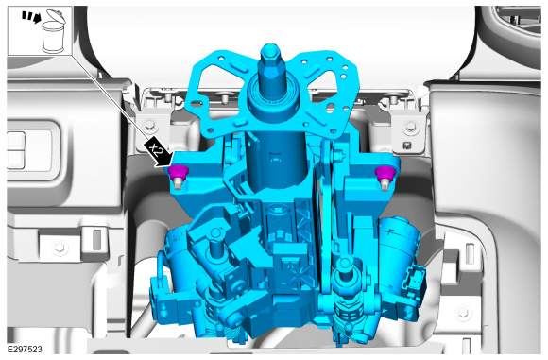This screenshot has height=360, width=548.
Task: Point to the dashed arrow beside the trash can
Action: click(x=31, y=17)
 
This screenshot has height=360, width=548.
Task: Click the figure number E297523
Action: click(x=25, y=350)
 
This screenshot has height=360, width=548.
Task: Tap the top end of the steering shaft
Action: click(x=270, y=50)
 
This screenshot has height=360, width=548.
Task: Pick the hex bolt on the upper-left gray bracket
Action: click(x=149, y=124)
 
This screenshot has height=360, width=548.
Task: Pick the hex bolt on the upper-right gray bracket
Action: click(x=411, y=127)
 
